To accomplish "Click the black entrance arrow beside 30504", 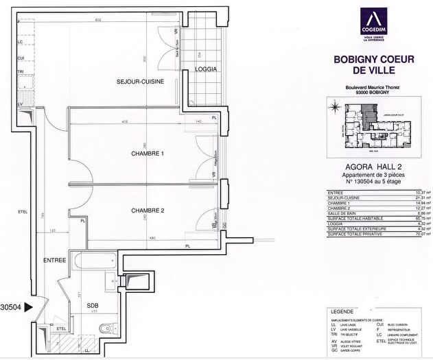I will tap(28, 309).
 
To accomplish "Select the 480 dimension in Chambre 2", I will tap(150, 239).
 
